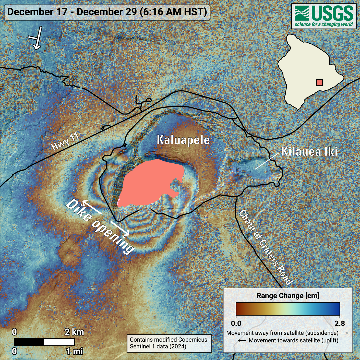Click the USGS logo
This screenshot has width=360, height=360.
pos(324,16)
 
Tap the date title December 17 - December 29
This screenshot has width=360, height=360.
pos(107,12)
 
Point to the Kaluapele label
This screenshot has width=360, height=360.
pos(183,140)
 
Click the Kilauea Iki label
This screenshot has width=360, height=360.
pos(309,151)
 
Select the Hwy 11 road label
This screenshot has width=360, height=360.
pos(65,142)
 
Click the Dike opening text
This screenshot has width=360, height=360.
pos(100,227)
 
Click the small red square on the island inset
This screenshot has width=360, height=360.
pos(319,82)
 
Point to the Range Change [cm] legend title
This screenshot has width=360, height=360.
pos(288,296)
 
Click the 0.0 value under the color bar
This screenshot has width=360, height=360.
pos(236,323)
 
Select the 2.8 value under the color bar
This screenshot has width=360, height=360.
pos(340,323)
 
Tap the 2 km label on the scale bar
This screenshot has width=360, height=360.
pos(74,332)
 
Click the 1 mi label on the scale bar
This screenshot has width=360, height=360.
pos(74,351)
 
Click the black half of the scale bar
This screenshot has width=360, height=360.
pos(29,342)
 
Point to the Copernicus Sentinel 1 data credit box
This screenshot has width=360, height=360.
pos(169,343)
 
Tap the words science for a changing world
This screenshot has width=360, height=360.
pos(324,25)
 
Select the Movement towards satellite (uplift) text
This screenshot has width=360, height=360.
pos(288,340)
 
